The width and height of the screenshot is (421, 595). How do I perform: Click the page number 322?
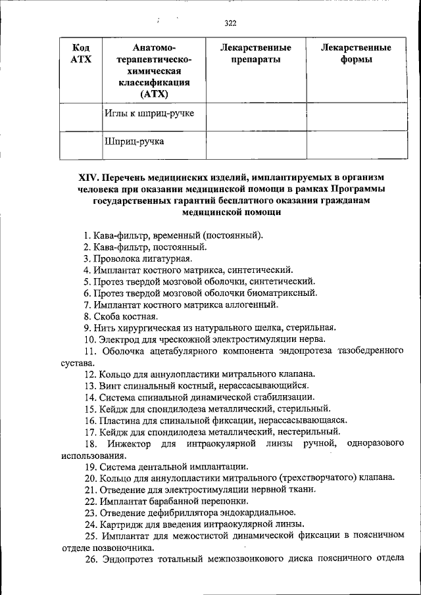[x=230, y=24]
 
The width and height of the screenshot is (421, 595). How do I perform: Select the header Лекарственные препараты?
[x=256, y=54]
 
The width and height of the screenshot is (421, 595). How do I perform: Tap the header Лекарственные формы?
[x=357, y=54]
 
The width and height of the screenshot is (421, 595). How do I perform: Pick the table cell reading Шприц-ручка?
[x=134, y=141]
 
